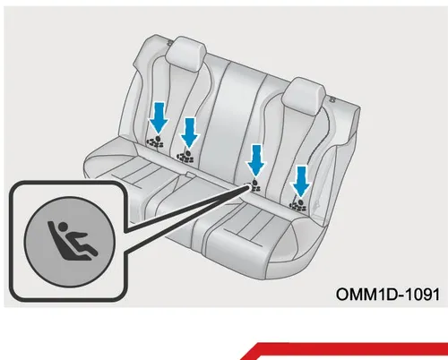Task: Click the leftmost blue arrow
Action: click(159, 118)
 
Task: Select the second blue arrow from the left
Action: click(189, 133)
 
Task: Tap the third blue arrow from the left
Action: click(256, 160)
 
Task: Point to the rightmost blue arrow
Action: click(301, 182)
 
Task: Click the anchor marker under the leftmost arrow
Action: click(155, 141)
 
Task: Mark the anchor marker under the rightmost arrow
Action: click(298, 205)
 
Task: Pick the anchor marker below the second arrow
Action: click(185, 157)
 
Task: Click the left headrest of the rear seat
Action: click(186, 54)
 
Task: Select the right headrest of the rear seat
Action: click(304, 96)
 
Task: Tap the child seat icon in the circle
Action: click(73, 241)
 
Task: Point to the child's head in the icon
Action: click(62, 227)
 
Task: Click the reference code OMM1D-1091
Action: click(388, 295)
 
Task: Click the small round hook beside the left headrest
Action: click(170, 43)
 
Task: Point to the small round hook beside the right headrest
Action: click(332, 99)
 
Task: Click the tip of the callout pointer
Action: click(248, 185)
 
